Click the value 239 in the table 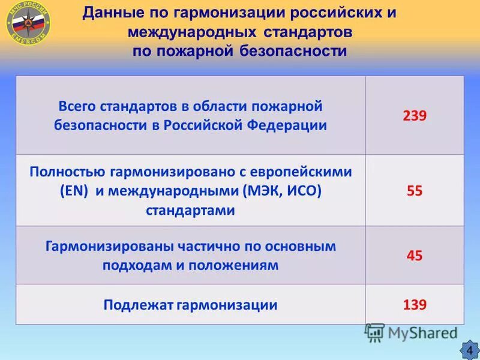414,116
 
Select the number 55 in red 414,191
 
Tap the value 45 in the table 414,255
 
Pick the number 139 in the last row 414,305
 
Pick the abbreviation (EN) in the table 74,191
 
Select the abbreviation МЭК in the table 265,191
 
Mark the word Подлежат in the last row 137,305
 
